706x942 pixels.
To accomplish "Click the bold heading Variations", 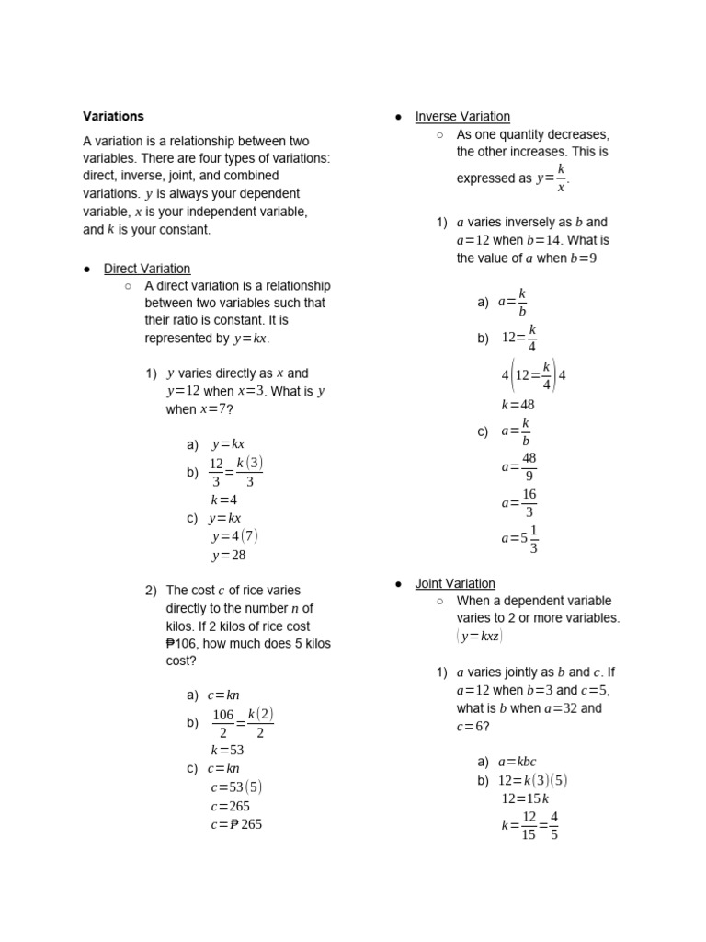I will [113, 117].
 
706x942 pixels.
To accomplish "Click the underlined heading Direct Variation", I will [147, 269].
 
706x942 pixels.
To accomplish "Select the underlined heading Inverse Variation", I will [462, 117].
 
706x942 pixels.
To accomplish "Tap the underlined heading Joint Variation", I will [455, 583].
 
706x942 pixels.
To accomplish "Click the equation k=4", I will [224, 500].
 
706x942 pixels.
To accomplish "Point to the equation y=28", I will [229, 555].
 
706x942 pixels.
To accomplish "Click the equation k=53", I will [227, 750].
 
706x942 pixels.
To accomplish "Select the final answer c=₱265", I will [236, 824].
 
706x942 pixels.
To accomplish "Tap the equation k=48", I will [518, 404].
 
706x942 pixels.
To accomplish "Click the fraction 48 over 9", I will [529, 466].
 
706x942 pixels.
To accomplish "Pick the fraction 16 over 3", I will [529, 503].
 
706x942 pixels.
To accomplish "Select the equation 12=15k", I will [523, 798].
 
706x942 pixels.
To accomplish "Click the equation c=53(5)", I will [236, 787].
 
